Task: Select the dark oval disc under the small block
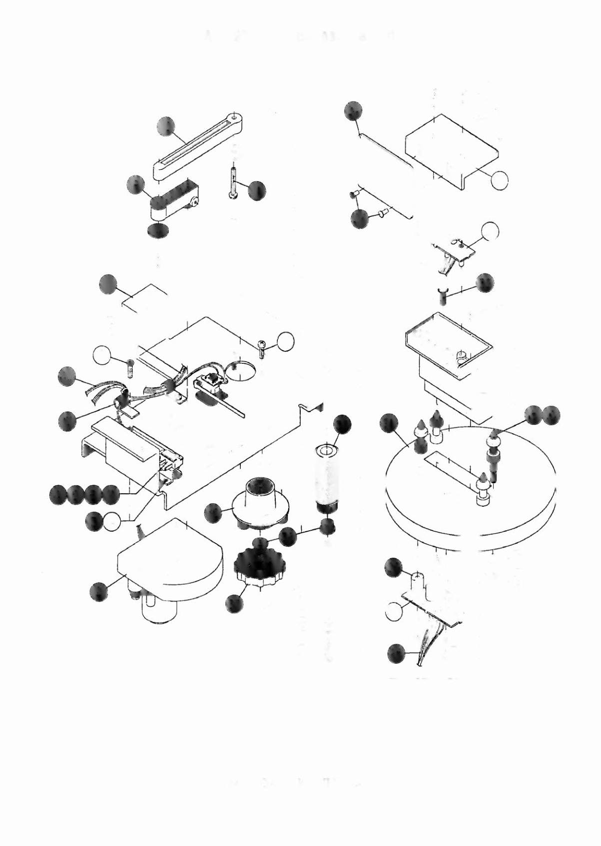157,230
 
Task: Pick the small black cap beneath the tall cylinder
327,525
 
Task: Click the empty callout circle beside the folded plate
499,180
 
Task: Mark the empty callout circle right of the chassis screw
286,341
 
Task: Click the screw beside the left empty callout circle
130,367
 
